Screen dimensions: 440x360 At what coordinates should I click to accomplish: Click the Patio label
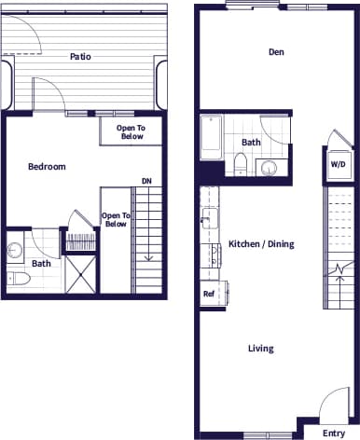pos(80,56)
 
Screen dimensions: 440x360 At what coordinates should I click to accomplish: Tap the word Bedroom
pos(46,167)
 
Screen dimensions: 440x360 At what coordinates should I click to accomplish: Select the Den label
pos(276,52)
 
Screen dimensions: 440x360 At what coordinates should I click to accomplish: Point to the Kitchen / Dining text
pos(261,244)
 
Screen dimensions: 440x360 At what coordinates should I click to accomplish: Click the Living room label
pos(260,349)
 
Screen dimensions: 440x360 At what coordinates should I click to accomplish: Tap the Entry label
pos(333,433)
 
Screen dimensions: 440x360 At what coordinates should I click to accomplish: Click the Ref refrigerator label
pos(209,295)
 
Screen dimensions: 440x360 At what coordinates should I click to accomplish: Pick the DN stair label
pos(146,181)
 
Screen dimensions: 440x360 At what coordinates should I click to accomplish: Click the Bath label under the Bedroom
pos(41,264)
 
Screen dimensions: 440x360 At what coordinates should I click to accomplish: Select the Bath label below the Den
pos(251,143)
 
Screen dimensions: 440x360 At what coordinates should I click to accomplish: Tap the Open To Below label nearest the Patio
pos(131,131)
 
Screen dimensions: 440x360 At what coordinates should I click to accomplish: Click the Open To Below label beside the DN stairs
pos(116,220)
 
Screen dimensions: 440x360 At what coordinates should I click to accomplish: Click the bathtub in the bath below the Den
pos(210,138)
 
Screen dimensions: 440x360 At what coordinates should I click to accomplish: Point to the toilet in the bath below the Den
pos(240,166)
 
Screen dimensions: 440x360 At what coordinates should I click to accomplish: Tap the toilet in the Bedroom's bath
pos(17,279)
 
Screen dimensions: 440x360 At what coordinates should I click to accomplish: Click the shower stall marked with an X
pos(80,274)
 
